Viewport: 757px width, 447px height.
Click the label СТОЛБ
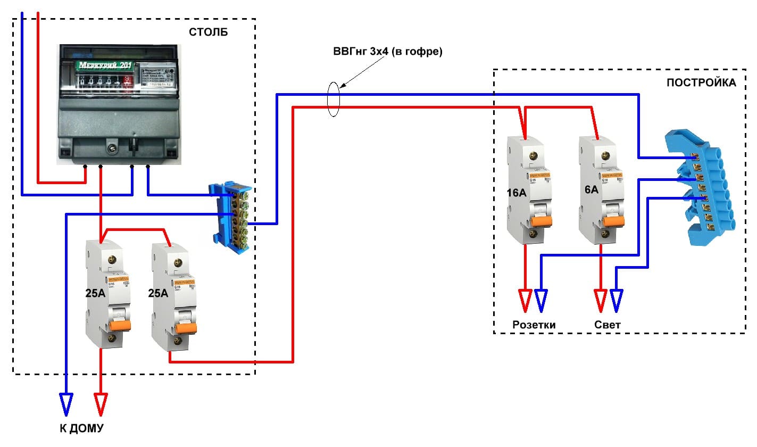208,32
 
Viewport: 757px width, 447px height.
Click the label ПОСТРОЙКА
701,82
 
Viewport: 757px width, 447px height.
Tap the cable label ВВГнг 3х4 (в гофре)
388,52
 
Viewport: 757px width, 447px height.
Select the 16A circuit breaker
526,190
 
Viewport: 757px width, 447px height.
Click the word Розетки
534,325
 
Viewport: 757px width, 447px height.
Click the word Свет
608,325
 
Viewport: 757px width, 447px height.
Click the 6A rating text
591,189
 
